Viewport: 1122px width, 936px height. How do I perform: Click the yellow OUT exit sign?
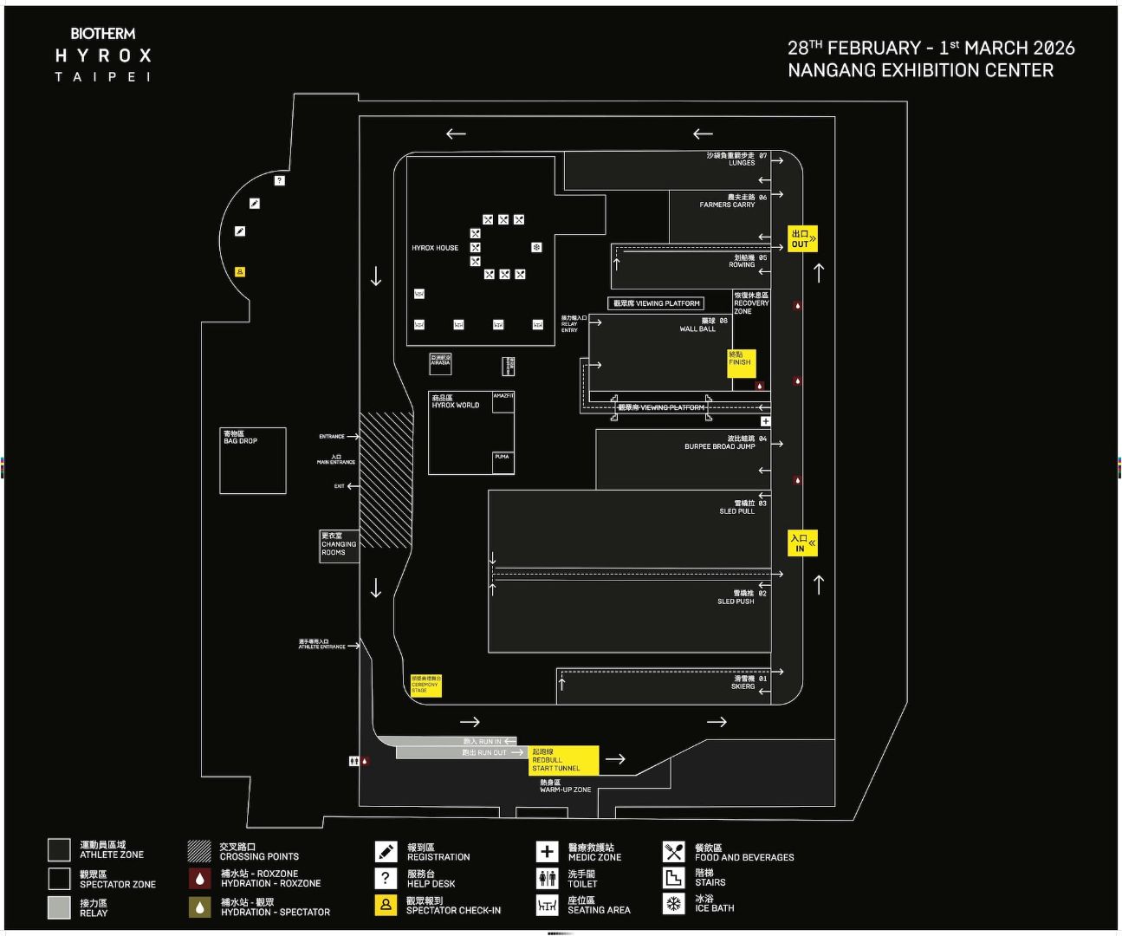pos(802,238)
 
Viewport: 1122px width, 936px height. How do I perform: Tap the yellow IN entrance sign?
pos(802,543)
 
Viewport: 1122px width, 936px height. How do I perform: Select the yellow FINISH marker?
pos(741,362)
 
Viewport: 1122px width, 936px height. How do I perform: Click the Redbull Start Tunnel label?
pos(563,760)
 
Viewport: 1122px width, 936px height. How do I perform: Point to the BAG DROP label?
pos(240,438)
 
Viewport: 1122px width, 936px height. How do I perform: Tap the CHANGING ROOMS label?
pos(338,544)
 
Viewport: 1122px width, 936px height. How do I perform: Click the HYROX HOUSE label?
pos(435,248)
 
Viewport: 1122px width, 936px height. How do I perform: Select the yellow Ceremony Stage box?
pos(425,685)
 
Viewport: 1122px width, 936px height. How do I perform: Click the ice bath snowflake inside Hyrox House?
pos(536,248)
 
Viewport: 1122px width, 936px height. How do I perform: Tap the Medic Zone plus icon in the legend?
pos(547,852)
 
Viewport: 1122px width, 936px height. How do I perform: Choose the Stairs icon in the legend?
pos(673,877)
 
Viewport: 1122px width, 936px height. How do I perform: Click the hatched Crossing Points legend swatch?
pos(199,851)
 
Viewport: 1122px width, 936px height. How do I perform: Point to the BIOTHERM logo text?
pos(103,34)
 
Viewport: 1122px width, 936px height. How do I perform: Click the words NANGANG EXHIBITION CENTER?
pos(920,71)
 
